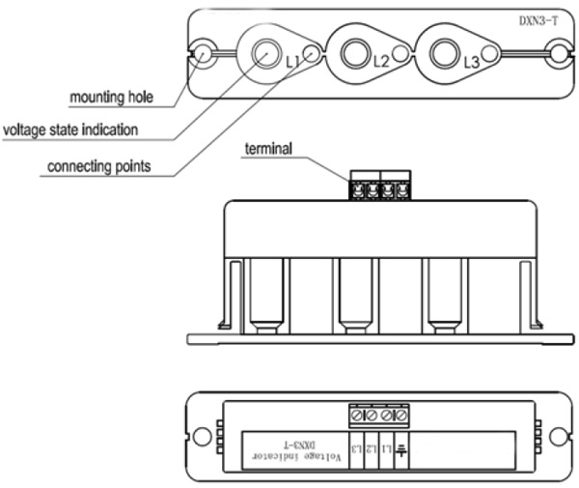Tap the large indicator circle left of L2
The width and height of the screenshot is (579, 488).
point(352,53)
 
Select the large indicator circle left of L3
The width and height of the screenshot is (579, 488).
point(444,53)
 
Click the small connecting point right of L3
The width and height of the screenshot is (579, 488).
point(492,54)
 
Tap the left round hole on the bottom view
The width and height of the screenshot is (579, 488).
point(203,435)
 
